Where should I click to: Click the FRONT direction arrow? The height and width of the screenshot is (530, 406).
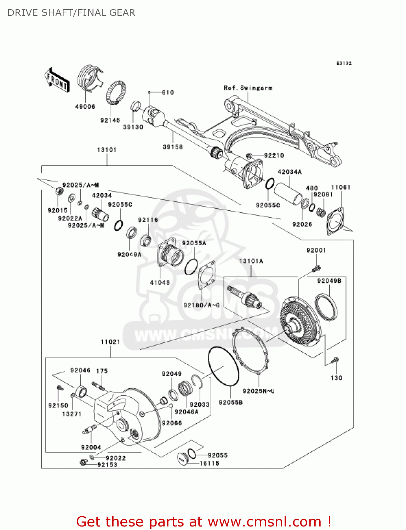click(x=57, y=80)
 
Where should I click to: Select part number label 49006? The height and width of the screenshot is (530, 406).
click(x=85, y=107)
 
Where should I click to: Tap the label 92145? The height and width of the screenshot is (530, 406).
click(x=110, y=120)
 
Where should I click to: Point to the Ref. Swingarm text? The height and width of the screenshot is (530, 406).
click(x=248, y=88)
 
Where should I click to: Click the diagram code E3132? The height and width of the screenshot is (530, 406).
click(x=344, y=63)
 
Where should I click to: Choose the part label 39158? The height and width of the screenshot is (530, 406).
click(x=173, y=147)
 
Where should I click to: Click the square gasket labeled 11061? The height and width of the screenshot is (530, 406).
click(x=335, y=220)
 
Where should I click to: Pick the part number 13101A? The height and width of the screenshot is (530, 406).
click(x=251, y=261)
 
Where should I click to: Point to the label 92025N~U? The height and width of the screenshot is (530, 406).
click(x=258, y=391)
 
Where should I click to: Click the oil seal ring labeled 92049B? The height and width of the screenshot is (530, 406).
click(x=326, y=306)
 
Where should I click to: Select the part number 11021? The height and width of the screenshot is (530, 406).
click(x=110, y=342)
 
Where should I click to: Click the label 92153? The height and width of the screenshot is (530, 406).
click(x=107, y=465)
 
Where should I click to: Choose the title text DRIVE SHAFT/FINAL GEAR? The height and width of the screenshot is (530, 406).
click(x=71, y=13)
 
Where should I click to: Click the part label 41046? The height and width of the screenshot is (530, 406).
click(x=160, y=282)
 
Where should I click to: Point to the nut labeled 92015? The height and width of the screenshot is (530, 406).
click(x=59, y=191)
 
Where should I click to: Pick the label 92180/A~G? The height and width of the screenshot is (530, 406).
click(x=201, y=305)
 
